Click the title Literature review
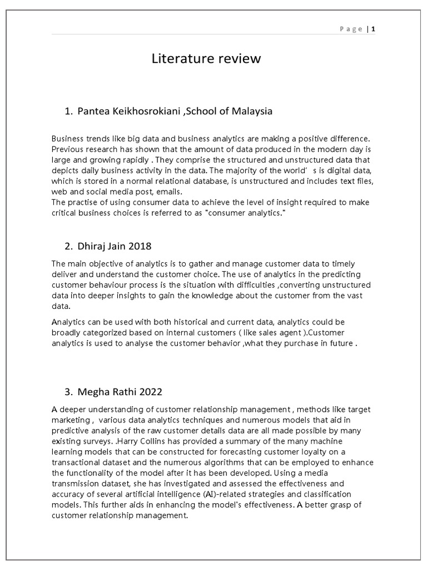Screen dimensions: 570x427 [206, 59]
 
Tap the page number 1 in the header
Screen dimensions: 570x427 [374, 29]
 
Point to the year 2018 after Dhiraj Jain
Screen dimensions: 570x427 [140, 246]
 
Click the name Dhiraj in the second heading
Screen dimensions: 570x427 [92, 246]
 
